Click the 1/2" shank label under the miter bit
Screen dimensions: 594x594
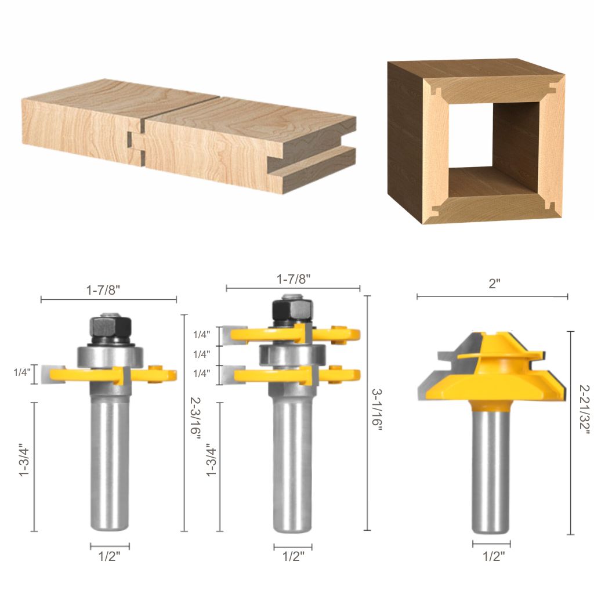pos(493,556)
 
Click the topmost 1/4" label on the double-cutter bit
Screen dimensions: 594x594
pos(202,335)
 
